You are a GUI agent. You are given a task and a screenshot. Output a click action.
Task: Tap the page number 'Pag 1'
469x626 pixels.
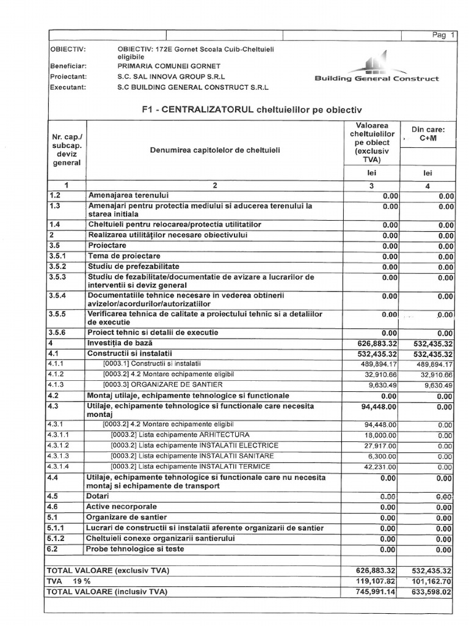coord(444,35)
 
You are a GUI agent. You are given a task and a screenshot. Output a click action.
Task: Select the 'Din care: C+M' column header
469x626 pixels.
coord(428,134)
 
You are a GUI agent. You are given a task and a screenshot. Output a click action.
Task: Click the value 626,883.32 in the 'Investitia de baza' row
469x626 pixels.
coord(373,344)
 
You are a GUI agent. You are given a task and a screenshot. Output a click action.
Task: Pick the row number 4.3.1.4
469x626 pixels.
coord(59,466)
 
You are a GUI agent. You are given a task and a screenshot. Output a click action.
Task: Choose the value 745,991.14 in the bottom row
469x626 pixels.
coord(373,592)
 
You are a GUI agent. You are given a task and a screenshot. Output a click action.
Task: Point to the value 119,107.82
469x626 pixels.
coord(373,581)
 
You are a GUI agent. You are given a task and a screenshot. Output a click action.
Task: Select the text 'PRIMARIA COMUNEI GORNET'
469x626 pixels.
coord(169,66)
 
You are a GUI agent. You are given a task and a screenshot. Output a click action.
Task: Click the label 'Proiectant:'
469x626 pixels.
coord(68,77)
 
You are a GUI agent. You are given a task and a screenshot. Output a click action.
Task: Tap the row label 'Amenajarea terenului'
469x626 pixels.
coord(128,195)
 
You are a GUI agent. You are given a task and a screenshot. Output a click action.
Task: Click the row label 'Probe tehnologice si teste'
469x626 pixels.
coord(135,549)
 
